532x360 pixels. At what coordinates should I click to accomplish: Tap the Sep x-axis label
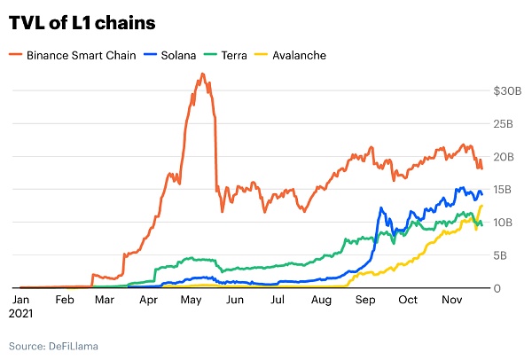pos(364,301)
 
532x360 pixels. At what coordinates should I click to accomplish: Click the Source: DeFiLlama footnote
pos(54,344)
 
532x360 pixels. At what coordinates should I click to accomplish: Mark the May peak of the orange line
pos(203,74)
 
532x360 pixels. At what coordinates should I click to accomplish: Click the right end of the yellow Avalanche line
pos(481,206)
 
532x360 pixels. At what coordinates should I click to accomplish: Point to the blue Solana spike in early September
pos(381,208)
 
